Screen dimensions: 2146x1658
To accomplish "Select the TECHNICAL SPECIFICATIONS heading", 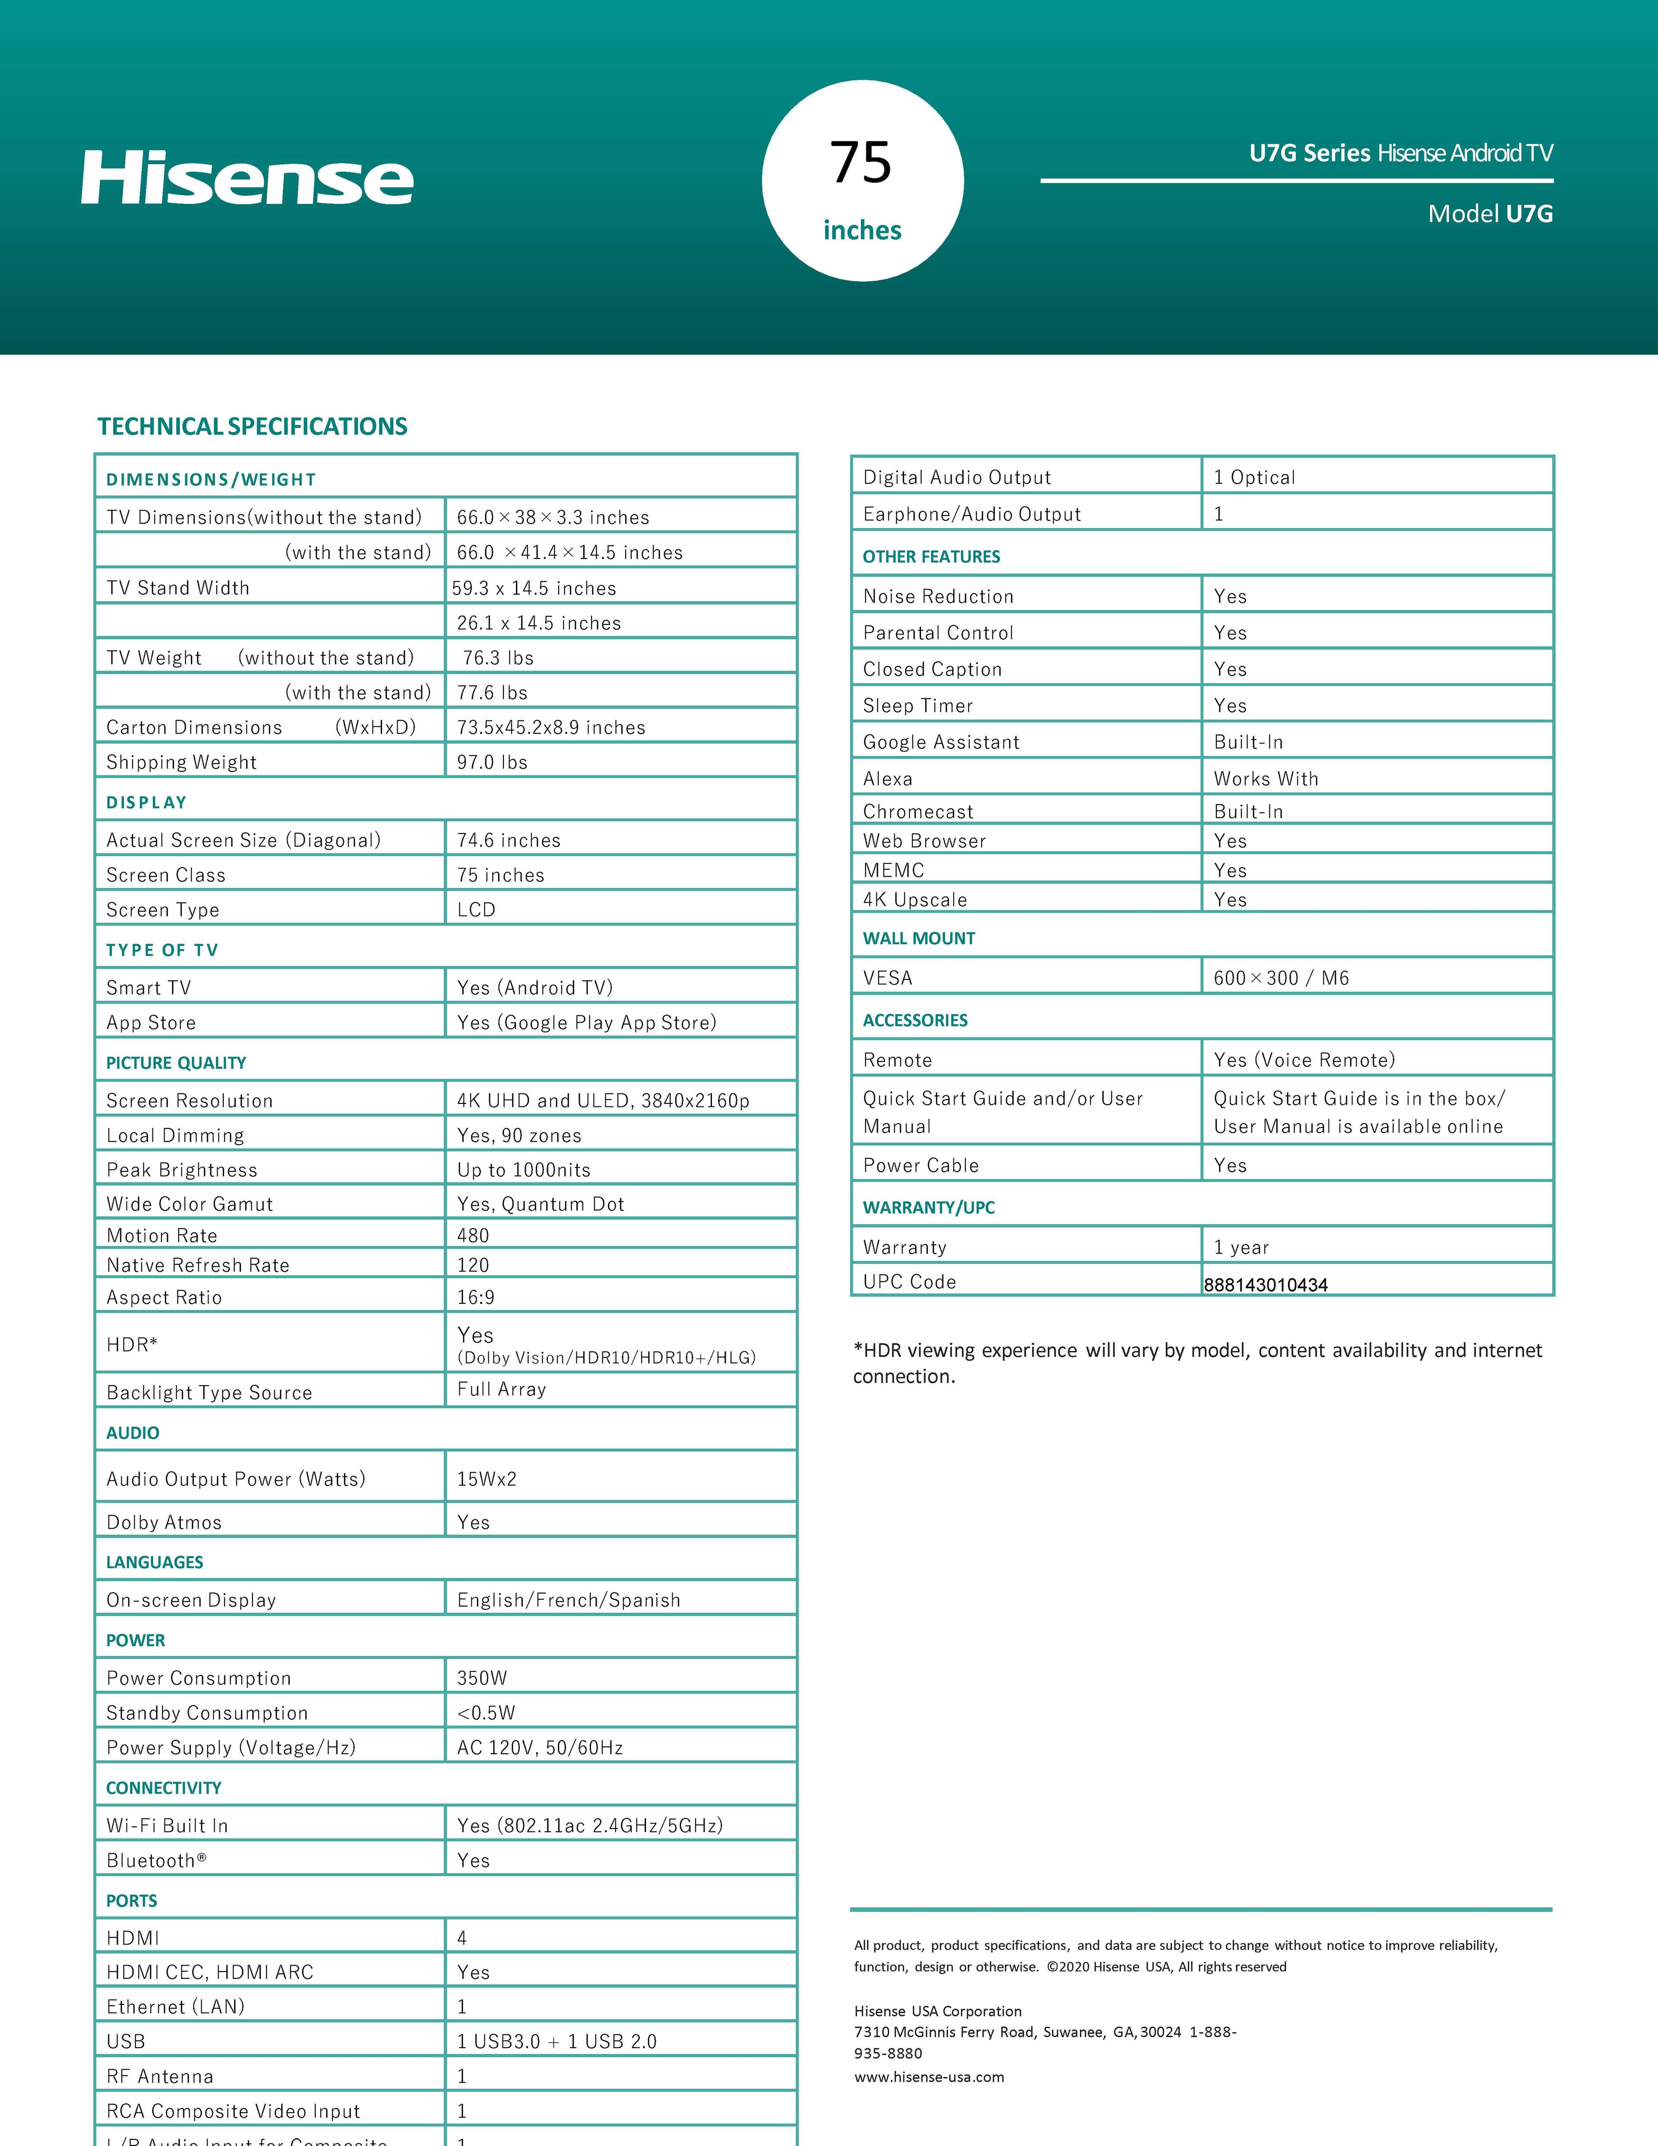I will click(x=253, y=426).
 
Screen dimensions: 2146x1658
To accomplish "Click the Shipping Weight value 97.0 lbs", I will click(x=492, y=763).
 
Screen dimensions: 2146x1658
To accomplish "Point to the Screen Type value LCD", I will click(x=476, y=910).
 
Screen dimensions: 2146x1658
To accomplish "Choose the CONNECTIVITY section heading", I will click(x=164, y=1788).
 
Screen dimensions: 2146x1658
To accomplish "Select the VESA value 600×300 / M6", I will click(x=1281, y=978).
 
